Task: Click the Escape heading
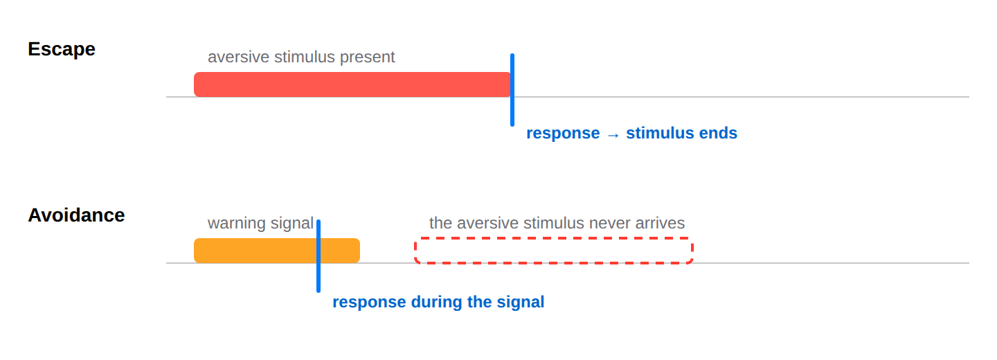point(62,49)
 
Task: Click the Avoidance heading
point(76,215)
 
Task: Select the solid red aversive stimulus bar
point(352,84)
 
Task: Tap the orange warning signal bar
point(277,251)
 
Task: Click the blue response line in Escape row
point(512,90)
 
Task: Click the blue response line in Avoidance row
point(318,256)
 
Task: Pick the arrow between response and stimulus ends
point(613,134)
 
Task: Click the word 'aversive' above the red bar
point(239,57)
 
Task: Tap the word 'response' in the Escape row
point(563,134)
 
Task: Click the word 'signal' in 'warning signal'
point(292,224)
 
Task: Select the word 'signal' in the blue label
point(521,303)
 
